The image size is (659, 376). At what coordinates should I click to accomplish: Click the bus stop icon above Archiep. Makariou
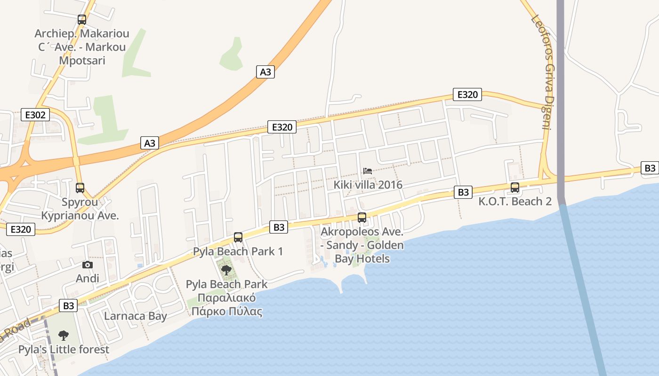coord(82,20)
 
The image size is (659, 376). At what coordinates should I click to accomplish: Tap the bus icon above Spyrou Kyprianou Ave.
coord(80,188)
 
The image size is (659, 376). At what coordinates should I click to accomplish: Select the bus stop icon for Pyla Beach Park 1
coord(238,237)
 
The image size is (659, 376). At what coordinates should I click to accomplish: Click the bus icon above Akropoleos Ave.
coord(362,218)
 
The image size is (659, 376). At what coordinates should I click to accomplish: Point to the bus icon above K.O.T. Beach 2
coord(515,188)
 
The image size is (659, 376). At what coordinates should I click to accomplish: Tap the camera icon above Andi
coord(88,265)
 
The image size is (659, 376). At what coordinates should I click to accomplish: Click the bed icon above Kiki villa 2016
coord(368,171)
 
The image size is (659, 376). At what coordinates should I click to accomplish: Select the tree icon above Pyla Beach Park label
coord(226,270)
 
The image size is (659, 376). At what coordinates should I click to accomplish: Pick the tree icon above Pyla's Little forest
coord(63,336)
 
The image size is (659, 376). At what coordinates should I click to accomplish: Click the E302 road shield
coord(35,115)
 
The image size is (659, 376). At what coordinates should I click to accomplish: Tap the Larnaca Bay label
coord(136,315)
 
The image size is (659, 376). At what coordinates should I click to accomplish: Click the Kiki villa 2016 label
coord(368,184)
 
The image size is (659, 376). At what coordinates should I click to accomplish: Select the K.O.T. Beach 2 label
coord(515,202)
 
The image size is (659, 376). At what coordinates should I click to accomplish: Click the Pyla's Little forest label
coord(64,349)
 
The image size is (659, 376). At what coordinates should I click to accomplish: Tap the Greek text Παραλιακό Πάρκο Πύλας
coord(227,305)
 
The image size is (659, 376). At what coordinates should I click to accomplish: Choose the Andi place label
coord(88,278)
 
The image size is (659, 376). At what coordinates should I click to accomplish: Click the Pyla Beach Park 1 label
coord(238,251)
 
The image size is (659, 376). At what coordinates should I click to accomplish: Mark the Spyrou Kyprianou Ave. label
coord(80,209)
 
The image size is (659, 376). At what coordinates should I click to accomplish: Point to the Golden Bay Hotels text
coord(362,252)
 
